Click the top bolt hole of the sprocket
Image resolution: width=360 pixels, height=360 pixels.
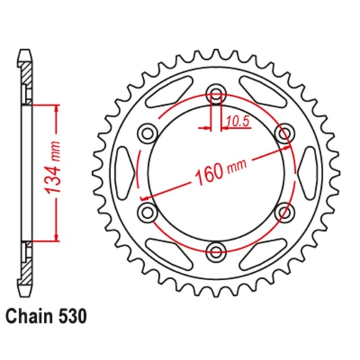coord(217,93)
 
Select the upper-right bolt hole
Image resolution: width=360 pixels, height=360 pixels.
coord(285,132)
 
